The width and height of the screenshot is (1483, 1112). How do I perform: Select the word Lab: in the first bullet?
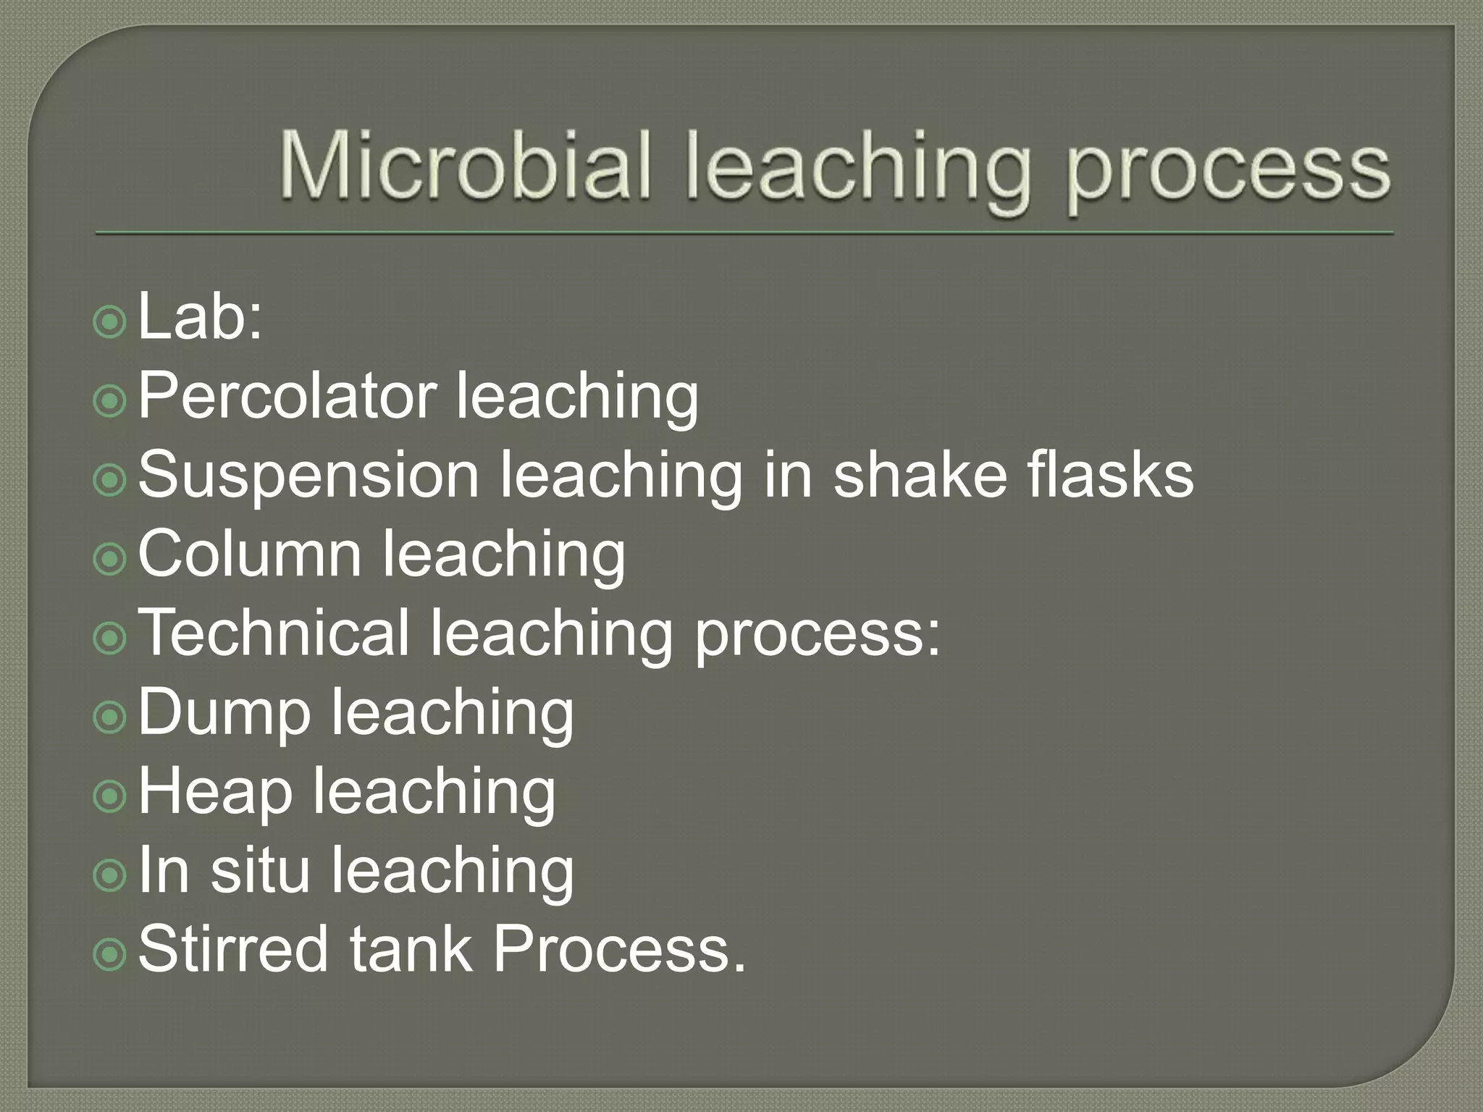tap(199, 317)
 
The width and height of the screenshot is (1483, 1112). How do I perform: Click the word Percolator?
tap(287, 396)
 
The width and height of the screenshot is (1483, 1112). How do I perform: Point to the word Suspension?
tap(308, 476)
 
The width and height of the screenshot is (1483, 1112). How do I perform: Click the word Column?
tap(249, 555)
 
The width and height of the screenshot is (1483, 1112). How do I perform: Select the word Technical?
tap(274, 633)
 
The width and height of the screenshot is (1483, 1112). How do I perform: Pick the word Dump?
tap(223, 713)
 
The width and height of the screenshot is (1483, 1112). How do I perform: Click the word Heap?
tap(215, 792)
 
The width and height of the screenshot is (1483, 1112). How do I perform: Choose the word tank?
tap(411, 949)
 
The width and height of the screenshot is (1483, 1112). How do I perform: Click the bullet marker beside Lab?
tap(110, 321)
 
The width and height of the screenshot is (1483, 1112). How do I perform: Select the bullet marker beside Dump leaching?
tap(110, 717)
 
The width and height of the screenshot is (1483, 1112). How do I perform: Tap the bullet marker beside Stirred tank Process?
tap(110, 953)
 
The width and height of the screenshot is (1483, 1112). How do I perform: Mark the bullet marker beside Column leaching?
tap(110, 558)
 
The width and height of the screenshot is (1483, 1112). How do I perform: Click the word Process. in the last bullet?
tap(619, 949)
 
